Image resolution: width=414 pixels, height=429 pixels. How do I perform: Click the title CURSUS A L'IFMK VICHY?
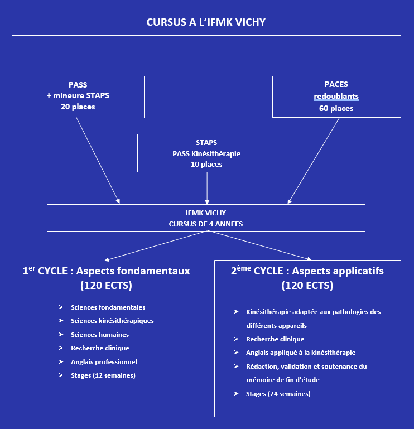tap(206, 23)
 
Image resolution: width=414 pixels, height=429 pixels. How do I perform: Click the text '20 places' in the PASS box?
tap(78, 107)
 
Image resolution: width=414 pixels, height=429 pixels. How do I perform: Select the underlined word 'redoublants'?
tap(336, 96)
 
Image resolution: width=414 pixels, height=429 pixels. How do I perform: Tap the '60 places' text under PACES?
tap(336, 108)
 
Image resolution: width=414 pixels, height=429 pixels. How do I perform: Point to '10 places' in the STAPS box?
tap(206, 164)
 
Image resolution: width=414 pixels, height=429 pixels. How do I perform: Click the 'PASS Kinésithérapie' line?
tap(206, 153)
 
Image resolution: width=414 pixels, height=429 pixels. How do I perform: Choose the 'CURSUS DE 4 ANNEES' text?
tap(206, 224)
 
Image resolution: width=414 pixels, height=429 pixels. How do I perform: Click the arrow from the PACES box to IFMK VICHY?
tap(314, 161)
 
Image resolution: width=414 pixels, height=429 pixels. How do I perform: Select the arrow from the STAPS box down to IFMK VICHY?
tap(207, 187)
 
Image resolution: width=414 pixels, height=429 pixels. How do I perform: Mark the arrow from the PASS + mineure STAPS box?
tap(98, 161)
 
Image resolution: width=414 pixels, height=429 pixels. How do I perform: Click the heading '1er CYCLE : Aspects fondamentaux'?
tap(106, 272)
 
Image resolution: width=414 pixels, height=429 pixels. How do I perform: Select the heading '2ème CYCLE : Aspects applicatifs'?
tap(307, 272)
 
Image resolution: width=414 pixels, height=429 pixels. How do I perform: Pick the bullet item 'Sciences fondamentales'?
tap(108, 307)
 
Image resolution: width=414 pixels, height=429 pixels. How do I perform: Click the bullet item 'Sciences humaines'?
tap(100, 335)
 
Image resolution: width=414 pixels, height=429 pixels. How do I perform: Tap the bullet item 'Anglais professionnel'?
tap(104, 362)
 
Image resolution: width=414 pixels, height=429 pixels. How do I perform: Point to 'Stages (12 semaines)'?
tap(103, 375)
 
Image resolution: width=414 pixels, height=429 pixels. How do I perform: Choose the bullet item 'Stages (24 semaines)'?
tap(278, 394)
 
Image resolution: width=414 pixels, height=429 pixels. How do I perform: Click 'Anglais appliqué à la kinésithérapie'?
tap(300, 353)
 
